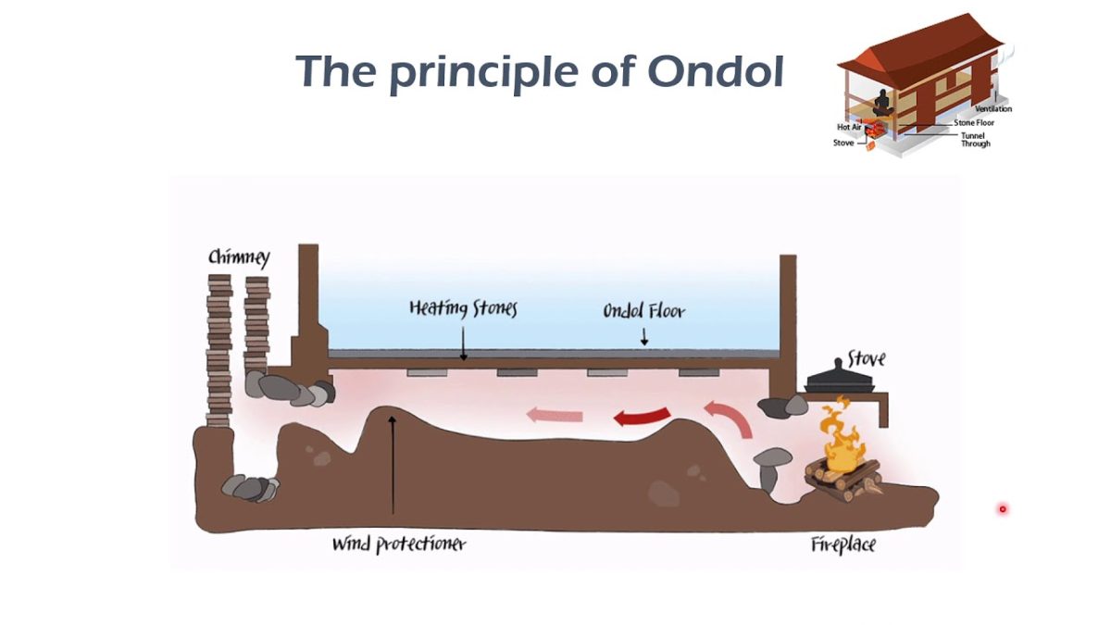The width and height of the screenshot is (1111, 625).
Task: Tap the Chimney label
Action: pyautogui.click(x=239, y=257)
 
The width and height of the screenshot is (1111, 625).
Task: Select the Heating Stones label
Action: pyautogui.click(x=463, y=309)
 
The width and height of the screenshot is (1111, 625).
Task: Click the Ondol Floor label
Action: pyautogui.click(x=644, y=311)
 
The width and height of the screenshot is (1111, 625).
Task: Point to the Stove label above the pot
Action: pyautogui.click(x=866, y=359)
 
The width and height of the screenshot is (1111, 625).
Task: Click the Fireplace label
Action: pyautogui.click(x=843, y=544)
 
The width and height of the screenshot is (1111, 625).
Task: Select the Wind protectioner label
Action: pyautogui.click(x=399, y=544)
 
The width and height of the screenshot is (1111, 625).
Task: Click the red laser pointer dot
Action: pyautogui.click(x=1002, y=508)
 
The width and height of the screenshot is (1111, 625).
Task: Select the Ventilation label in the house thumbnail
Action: pyautogui.click(x=992, y=109)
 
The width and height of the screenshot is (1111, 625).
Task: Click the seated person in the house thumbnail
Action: pyautogui.click(x=882, y=102)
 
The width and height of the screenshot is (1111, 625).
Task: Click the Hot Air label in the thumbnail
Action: pyautogui.click(x=849, y=127)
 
